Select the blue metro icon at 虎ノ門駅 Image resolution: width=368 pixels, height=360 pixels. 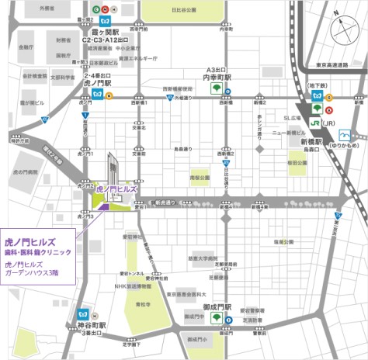tap(98, 95)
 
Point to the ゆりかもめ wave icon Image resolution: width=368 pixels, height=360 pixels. tap(354, 134)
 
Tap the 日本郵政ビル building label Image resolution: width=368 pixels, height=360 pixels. tap(106, 61)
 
